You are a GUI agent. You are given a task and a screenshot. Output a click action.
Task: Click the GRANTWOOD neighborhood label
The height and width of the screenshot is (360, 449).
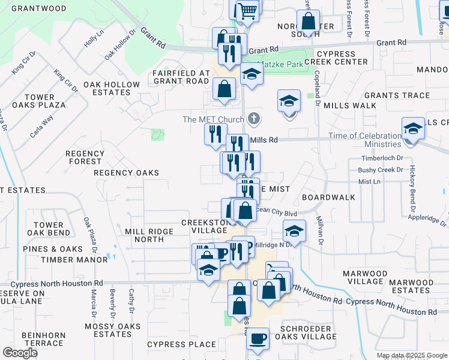point(39,8)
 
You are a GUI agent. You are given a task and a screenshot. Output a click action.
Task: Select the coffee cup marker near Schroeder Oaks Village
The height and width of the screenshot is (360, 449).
point(258,338)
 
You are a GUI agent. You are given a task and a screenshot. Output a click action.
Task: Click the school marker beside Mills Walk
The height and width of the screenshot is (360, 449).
point(289,100)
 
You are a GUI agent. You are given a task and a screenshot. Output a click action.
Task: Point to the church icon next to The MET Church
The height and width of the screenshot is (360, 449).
point(255,119)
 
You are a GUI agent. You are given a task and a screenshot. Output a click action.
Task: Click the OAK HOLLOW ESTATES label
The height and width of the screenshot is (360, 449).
point(107,88)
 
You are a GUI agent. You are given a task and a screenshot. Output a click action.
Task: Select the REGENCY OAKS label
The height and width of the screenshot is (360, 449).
point(126,173)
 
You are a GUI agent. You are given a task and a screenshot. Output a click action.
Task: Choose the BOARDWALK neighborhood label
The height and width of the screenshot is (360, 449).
point(328,197)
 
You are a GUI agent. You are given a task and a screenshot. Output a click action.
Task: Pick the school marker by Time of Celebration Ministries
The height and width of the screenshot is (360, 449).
point(412,129)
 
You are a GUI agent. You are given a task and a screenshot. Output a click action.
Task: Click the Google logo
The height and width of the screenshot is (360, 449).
point(20,353)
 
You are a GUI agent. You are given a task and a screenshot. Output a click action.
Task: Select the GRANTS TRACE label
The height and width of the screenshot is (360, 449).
point(397,95)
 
